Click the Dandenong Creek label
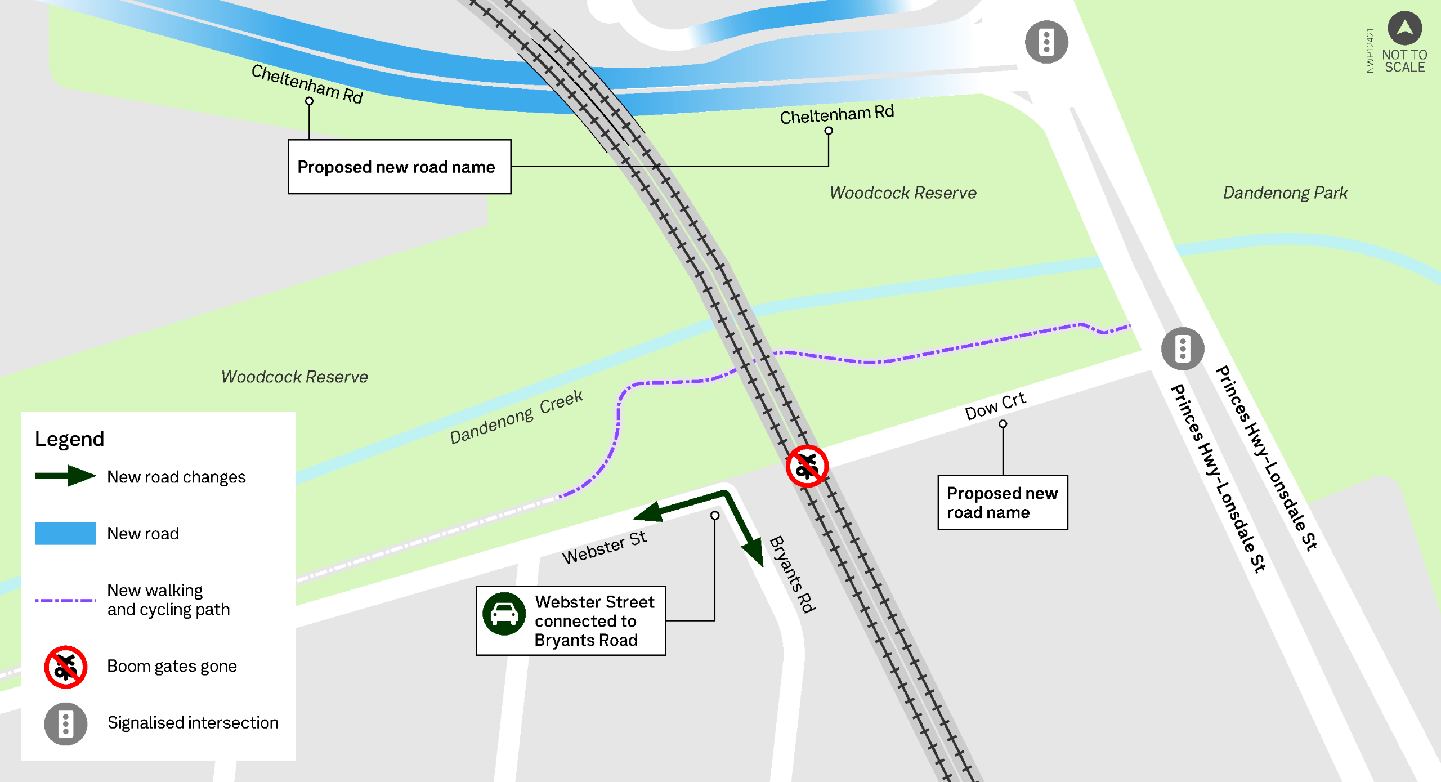coord(516,417)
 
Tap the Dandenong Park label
coord(1285,193)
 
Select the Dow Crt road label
coord(995,406)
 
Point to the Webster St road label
coord(604,547)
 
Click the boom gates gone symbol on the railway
coord(807,466)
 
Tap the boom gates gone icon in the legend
coord(66,667)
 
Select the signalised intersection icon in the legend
coord(66,723)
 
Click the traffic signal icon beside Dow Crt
coord(1183,348)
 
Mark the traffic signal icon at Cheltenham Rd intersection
coord(1046,42)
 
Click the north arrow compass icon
coord(1404,28)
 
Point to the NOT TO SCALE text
coord(1404,61)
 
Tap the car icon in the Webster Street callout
coord(504,614)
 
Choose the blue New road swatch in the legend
coord(65,533)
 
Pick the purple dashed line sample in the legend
coord(65,601)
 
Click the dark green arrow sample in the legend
coord(65,476)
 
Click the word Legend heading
coord(69,439)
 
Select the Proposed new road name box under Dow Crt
coord(1002,503)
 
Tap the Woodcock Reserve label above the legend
coord(294,377)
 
